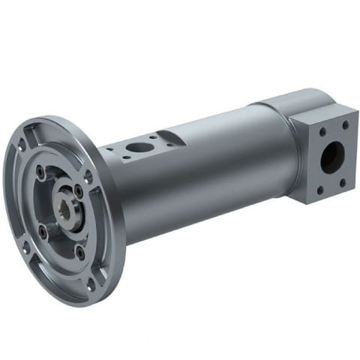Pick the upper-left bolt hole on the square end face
click(x=322, y=131)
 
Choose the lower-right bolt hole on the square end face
click(x=345, y=180)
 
